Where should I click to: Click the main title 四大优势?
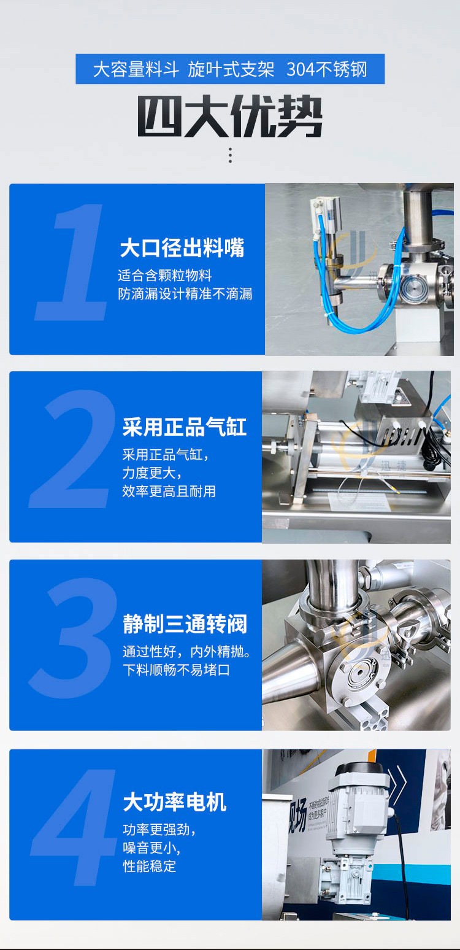230,116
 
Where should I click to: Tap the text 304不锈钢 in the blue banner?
326,69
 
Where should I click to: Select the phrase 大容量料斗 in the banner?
136,69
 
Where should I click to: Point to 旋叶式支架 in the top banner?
231,69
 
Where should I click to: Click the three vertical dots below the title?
230,155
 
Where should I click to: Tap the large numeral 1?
72,262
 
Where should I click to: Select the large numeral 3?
73,638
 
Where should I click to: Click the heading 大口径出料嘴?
182,248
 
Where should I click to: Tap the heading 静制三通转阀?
185,624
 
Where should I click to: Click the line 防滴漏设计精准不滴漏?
185,293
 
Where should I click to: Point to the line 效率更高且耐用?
169,491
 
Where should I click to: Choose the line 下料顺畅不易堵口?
177,670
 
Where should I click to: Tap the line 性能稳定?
149,865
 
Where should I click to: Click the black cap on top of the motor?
359,767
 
